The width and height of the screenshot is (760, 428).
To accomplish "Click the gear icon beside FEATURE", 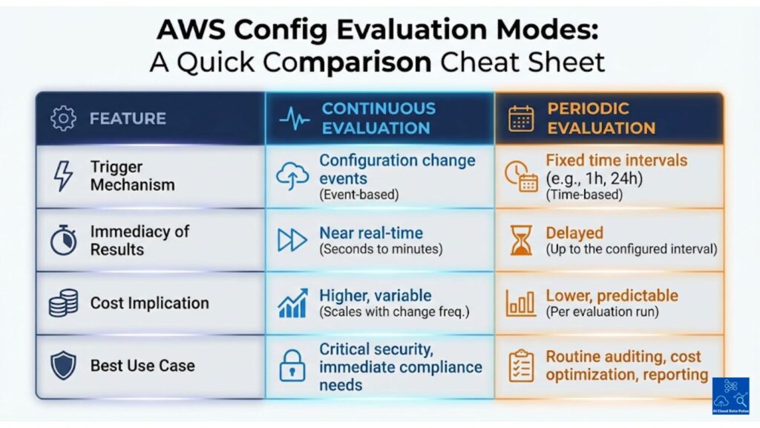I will (x=62, y=118).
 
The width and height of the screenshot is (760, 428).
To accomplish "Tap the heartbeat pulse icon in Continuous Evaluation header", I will (x=295, y=118).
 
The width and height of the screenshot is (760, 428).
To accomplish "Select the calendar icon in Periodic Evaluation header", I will (x=521, y=118).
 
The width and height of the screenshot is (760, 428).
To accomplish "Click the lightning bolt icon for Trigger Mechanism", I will (x=62, y=176).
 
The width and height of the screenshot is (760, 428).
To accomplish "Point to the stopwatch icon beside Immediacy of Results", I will (x=62, y=239).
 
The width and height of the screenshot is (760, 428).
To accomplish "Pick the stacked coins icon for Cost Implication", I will (x=63, y=303).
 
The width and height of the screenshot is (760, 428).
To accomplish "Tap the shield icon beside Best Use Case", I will (x=62, y=366).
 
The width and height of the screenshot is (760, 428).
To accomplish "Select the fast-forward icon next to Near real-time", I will (x=292, y=240).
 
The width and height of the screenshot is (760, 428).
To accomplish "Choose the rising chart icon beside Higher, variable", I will (x=292, y=303).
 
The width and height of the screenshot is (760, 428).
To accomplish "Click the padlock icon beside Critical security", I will (x=292, y=366).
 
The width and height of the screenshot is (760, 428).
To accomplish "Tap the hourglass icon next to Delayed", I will (x=521, y=240).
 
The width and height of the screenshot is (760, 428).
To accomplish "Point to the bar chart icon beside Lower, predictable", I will (x=521, y=303).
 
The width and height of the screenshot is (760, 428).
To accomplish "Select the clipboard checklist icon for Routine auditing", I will (x=521, y=366).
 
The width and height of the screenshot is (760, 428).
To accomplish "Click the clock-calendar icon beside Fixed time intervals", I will (x=521, y=176).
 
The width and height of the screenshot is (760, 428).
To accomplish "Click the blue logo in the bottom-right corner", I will (x=730, y=397).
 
